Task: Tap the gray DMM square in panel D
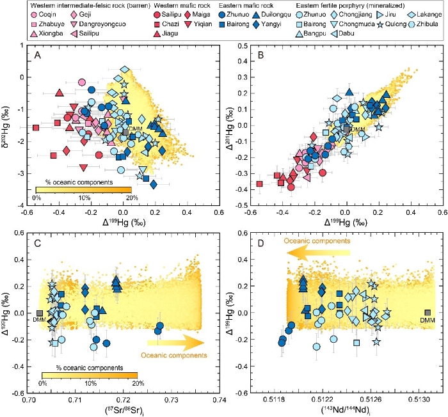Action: tap(428, 313)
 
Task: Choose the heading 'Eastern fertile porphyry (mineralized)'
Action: tap(342, 4)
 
